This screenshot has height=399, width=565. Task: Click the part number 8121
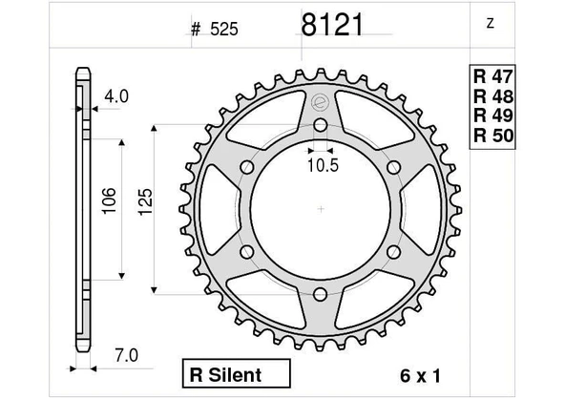[332, 25]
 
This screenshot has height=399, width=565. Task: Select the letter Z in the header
[490, 23]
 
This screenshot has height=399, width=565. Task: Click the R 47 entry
[492, 76]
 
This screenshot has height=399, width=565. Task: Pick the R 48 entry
[492, 96]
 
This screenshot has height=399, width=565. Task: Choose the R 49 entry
[492, 115]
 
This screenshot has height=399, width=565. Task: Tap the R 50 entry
[492, 136]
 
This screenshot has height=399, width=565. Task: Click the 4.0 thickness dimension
[116, 96]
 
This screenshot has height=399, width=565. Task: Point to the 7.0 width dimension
[126, 356]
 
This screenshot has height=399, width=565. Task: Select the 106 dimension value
[109, 200]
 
